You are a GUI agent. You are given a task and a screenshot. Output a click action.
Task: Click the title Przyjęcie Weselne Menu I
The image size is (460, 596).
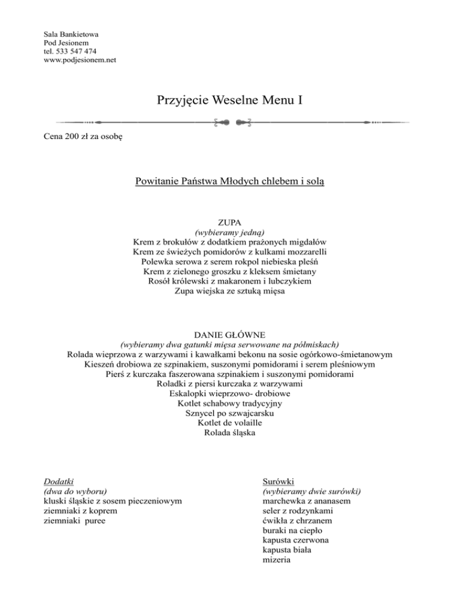pos(229,98)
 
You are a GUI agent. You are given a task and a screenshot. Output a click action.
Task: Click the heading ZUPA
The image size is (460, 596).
pos(230,222)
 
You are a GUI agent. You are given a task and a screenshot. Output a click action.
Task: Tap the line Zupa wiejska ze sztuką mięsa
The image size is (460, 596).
pos(230,291)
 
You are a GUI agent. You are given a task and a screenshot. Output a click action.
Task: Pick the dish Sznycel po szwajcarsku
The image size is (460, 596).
pos(230,413)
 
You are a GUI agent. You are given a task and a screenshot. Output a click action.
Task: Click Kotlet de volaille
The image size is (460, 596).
pos(230,423)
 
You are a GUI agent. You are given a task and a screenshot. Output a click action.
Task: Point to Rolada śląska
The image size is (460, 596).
pos(230,433)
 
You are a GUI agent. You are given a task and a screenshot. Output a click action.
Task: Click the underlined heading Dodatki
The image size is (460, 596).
pos(59,481)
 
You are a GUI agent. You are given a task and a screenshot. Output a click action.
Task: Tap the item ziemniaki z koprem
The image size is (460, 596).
pos(81,510)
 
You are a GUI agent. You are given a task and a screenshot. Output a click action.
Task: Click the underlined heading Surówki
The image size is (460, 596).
pos(277,481)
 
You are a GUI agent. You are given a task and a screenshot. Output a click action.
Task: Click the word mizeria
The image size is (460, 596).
pos(277,560)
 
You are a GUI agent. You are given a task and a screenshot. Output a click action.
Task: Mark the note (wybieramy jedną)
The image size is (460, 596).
pos(230,231)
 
